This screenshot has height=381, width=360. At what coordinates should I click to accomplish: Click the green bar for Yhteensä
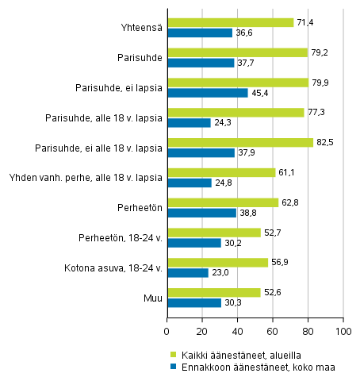click(x=230, y=22)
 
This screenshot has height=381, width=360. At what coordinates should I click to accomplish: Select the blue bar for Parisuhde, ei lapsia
click(x=207, y=93)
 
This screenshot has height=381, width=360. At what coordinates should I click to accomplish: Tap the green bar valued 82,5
click(x=239, y=142)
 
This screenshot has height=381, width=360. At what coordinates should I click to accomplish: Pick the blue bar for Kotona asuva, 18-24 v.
click(x=187, y=272)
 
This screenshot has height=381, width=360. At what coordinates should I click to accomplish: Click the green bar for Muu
click(x=213, y=292)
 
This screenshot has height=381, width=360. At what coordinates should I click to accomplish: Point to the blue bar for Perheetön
click(x=201, y=213)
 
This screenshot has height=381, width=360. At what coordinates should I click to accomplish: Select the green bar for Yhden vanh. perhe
click(x=221, y=172)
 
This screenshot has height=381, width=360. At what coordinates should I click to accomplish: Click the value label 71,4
click(x=305, y=22)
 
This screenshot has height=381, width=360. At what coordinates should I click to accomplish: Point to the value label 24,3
click(x=222, y=123)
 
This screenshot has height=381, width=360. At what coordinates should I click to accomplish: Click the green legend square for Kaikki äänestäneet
click(x=172, y=354)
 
